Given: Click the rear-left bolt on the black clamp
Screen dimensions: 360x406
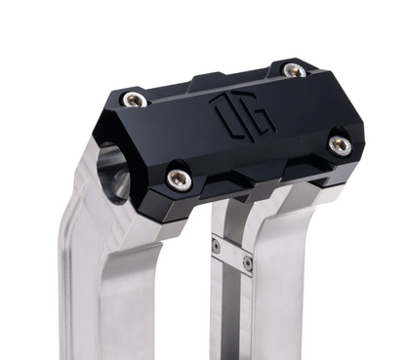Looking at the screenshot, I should click(136, 99).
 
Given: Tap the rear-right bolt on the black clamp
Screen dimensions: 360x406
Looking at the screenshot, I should click(293, 70).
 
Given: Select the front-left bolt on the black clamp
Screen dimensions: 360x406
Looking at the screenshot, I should click(178, 178).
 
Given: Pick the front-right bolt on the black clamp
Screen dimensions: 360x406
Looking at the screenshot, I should click(339, 144).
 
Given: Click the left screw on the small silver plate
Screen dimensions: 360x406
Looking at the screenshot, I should click(217, 247).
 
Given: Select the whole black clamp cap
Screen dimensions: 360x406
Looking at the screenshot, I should click(234, 132).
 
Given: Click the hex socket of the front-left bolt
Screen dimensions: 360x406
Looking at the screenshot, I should click(178, 178).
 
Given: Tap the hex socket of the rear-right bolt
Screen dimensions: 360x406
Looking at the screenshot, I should click(293, 70).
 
